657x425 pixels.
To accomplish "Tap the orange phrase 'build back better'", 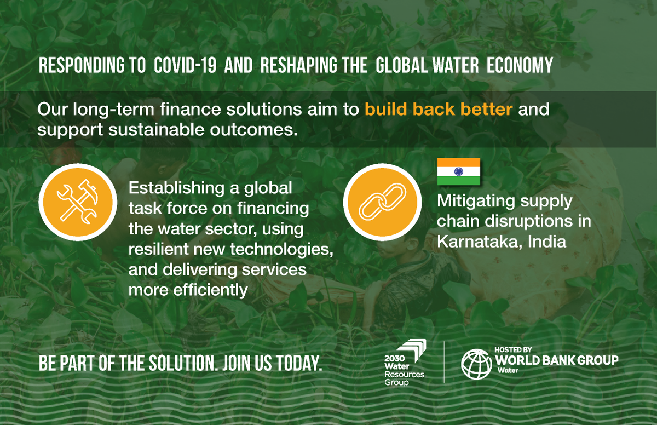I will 439,109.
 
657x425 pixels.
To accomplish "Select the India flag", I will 459,171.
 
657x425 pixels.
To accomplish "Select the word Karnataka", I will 478,242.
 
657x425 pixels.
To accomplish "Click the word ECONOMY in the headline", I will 520,66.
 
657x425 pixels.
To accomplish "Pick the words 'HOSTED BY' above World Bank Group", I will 513,350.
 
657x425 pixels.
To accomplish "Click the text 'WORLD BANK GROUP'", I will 556,360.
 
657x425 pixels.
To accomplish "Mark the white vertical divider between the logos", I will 444,361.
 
